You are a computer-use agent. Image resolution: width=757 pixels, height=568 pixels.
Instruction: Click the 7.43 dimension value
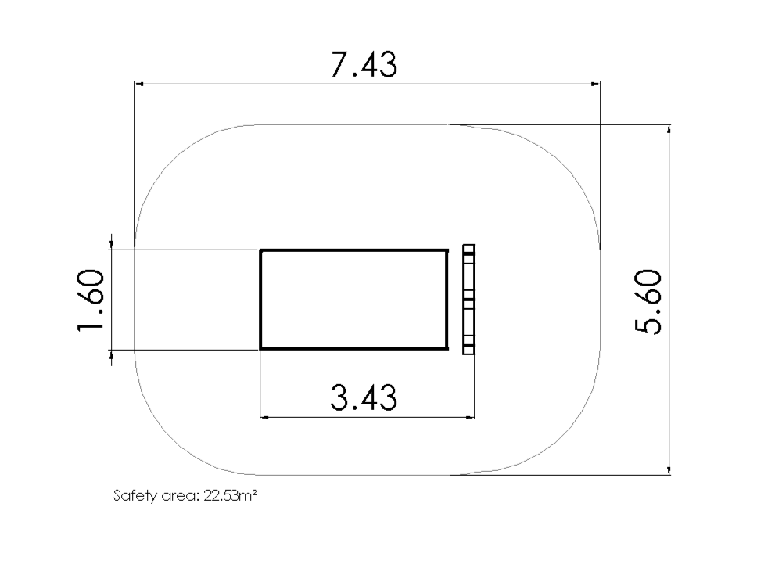364,65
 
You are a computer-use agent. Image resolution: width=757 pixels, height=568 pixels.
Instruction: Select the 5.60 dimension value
648,302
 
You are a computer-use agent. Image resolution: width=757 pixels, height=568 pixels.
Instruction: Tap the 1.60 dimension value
90,300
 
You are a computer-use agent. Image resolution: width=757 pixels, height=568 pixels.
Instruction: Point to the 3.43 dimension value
364,397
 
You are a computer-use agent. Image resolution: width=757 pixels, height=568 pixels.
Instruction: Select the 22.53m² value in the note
230,495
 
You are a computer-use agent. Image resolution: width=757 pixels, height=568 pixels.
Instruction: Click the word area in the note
180,497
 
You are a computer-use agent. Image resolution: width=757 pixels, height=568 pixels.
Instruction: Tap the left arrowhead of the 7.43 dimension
138,84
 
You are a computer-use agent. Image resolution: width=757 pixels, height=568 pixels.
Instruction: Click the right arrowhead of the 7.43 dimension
596,84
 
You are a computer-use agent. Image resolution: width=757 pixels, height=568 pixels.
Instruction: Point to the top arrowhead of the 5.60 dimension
669,129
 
